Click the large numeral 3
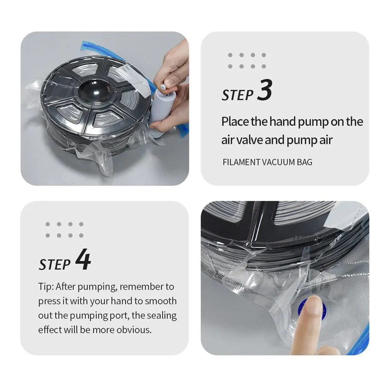coord(265,90)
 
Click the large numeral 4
coord(83,259)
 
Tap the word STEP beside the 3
coord(237,95)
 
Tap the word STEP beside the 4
coord(55,264)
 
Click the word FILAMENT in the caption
coord(241,162)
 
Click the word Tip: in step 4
coord(46,287)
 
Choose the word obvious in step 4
coord(134,330)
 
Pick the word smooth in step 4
coord(161,301)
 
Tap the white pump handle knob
coord(163,87)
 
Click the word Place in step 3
coord(235,122)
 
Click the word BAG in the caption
coord(304,162)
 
